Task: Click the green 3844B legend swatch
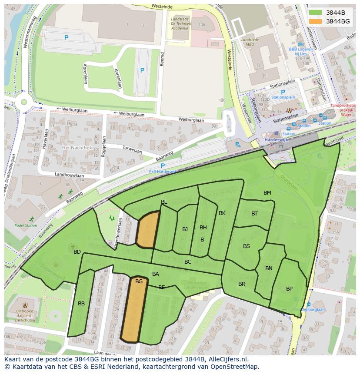click(316, 13)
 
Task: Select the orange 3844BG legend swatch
click(316, 21)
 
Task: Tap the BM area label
click(267, 193)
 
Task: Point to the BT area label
click(254, 213)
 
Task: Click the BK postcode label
click(222, 213)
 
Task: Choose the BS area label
click(247, 246)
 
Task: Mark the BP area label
click(289, 289)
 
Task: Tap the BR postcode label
click(242, 284)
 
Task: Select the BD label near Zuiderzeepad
click(77, 252)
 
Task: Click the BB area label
click(81, 304)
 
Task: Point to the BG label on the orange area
click(139, 281)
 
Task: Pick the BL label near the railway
click(164, 202)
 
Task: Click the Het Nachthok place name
click(77, 148)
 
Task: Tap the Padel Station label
click(26, 225)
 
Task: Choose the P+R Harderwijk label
click(163, 172)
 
